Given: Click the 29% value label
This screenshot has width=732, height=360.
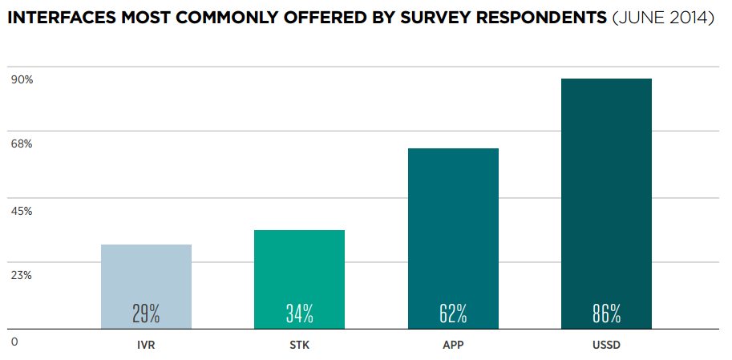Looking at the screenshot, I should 146,313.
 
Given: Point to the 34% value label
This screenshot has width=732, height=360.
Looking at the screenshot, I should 299,313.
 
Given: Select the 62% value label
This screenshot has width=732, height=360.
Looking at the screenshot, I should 453,313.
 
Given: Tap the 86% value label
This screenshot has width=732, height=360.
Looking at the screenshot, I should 606,313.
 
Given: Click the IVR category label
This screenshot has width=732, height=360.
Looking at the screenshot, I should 146,346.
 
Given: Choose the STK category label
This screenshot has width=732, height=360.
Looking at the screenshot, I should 300,346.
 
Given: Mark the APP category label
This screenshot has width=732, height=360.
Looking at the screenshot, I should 453,346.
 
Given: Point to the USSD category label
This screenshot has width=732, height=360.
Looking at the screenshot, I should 607,346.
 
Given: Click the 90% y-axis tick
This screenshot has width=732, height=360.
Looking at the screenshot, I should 22,79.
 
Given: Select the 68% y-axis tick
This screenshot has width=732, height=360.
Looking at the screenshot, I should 22,144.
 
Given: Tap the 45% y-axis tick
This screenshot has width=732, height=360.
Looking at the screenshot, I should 22,211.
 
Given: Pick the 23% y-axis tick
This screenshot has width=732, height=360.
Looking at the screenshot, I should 22,276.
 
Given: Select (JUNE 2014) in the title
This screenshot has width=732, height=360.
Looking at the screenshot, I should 662,18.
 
